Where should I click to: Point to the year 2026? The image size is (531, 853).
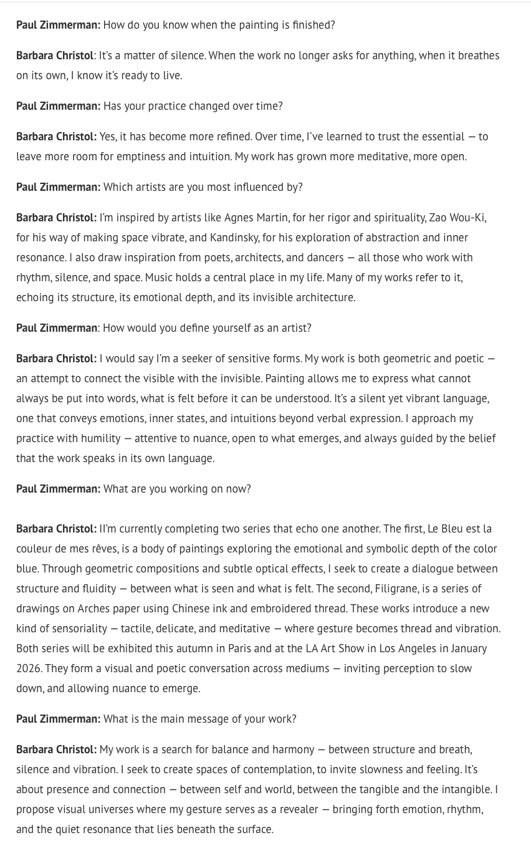point(28,668)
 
